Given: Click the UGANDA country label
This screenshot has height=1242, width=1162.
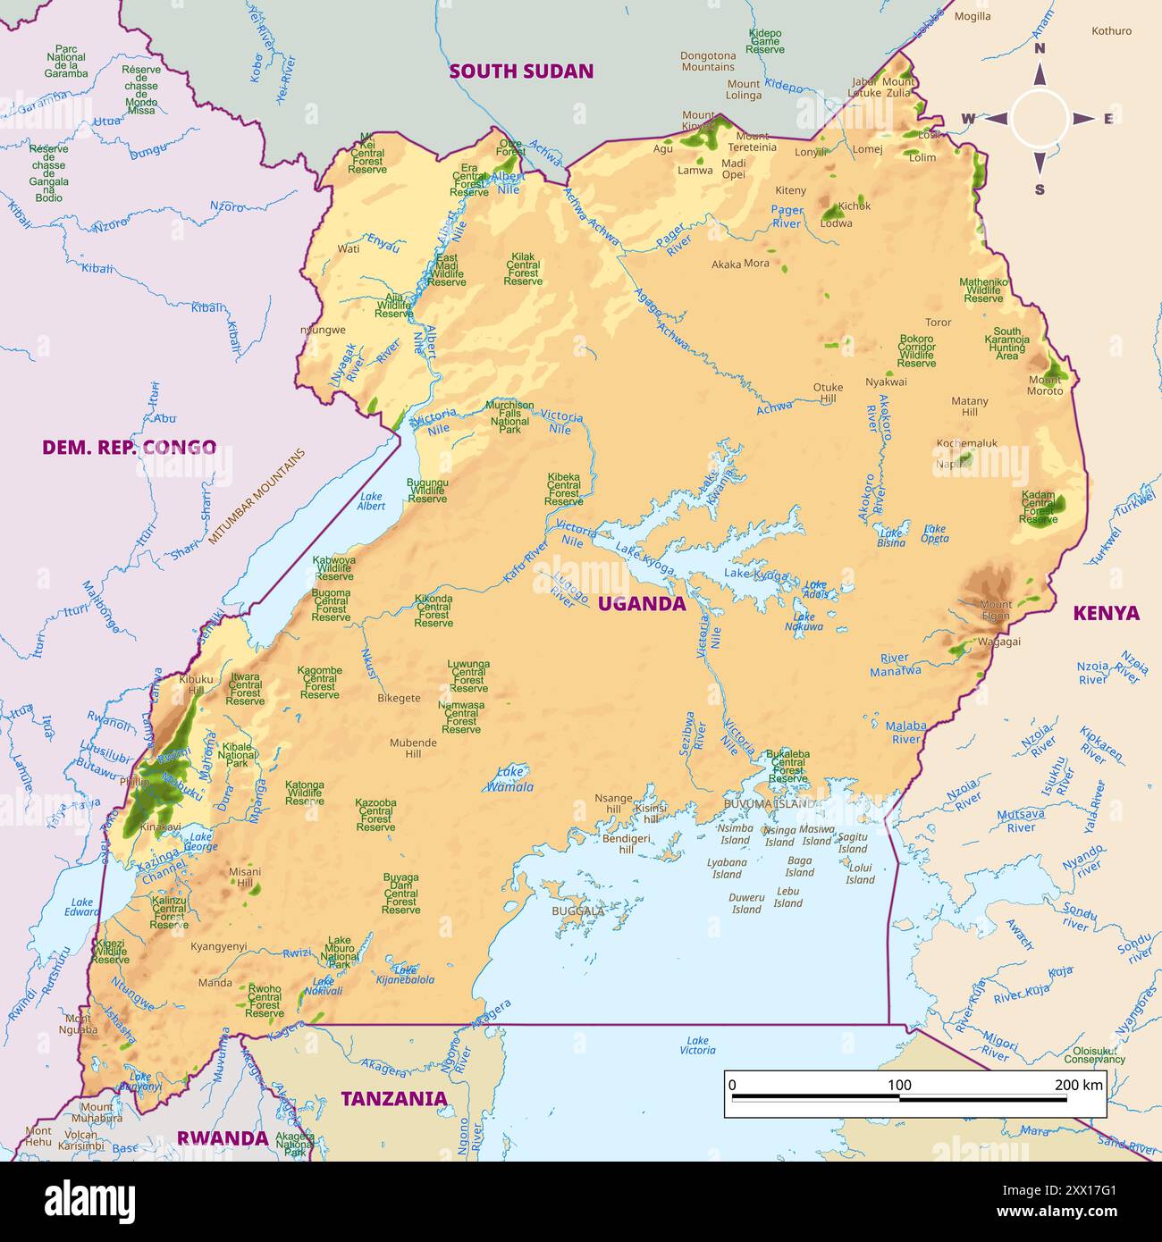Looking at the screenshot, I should pos(641,603).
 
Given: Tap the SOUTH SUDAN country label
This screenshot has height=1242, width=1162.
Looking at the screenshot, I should pos(521,71).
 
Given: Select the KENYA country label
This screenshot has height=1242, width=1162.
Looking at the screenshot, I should pos(1106,613).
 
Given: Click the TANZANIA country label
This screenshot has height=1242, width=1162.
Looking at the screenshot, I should pos(393,1098).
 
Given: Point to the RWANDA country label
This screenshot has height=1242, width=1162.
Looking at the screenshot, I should pos(222,1137).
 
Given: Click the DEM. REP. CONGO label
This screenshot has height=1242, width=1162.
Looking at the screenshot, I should pos(129,447).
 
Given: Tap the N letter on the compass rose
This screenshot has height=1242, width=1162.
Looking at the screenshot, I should pos(1040,50).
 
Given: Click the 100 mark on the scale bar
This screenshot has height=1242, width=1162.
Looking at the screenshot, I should pos(899,1085).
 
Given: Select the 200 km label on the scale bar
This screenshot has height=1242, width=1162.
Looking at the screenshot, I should pos(1079,1085).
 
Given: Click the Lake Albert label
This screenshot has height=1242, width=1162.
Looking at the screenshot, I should pos(371,501).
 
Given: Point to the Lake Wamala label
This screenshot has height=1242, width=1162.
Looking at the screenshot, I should pos(510,779).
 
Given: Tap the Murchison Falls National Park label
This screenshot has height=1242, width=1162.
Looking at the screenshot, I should pos(509,417).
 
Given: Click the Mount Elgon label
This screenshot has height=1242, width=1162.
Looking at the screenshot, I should pos(995,610).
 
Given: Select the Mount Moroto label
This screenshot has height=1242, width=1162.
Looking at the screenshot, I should pos(1044,385).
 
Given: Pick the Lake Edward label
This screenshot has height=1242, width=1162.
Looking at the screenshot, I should pos(82,907).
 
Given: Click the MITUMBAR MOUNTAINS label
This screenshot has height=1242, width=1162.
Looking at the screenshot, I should pos(257,497).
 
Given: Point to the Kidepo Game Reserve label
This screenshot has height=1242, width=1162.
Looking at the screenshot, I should pos(765,41).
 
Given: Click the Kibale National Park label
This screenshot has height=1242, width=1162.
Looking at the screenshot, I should pos(237,755).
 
